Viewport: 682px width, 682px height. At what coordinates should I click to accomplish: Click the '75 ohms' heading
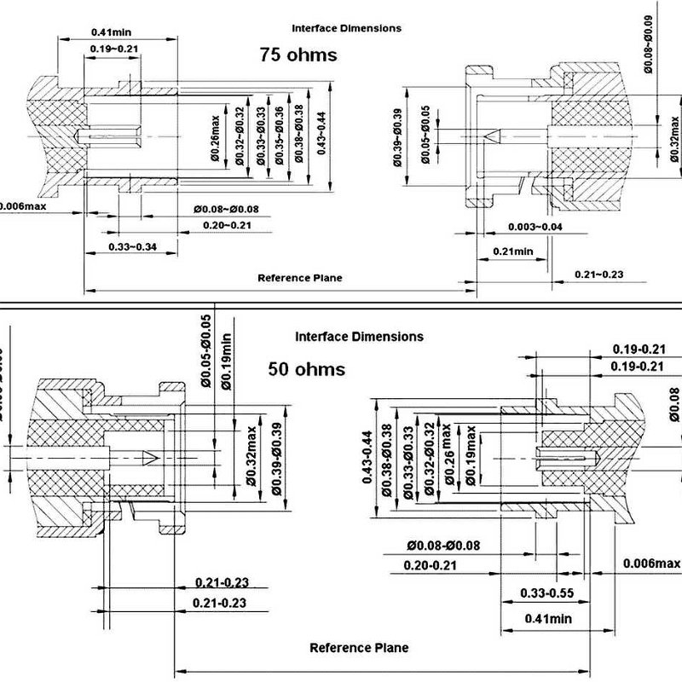(x=298, y=55)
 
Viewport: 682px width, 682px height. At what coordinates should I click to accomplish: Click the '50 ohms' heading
(x=306, y=369)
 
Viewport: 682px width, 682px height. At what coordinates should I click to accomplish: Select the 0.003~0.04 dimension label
(x=535, y=227)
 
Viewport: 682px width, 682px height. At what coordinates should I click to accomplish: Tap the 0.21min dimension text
(x=512, y=251)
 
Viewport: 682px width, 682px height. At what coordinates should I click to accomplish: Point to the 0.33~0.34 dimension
(x=132, y=246)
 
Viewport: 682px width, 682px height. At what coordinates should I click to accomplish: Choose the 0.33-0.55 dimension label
(x=545, y=592)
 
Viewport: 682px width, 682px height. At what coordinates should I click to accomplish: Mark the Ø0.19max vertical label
(x=471, y=457)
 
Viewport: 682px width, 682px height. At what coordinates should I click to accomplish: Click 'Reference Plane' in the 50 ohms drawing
(x=358, y=648)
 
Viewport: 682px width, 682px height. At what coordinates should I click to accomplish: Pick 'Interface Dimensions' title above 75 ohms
(x=346, y=28)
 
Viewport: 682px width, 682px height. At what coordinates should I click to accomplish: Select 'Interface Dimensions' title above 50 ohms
(x=359, y=337)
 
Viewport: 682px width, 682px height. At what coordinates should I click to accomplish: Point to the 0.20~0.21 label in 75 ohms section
(x=227, y=224)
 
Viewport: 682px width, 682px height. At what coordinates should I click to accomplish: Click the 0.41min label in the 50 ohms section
(x=546, y=618)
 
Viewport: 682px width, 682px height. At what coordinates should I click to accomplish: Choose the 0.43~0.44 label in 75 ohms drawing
(x=321, y=133)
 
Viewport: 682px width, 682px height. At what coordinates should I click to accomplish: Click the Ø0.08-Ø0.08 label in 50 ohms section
(x=443, y=546)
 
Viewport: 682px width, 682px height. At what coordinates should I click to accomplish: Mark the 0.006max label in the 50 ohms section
(x=651, y=564)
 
